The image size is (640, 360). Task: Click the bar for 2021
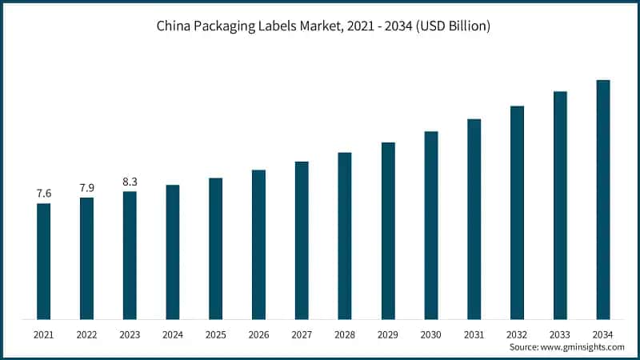(43, 262)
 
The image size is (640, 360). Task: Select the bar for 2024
(173, 252)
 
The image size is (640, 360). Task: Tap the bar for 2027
(302, 241)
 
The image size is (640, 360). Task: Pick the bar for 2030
(431, 226)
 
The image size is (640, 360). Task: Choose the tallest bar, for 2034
(603, 200)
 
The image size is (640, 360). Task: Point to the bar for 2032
(517, 213)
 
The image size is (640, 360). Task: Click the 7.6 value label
(43, 194)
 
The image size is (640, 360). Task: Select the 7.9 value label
(86, 187)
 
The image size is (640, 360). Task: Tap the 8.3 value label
(130, 182)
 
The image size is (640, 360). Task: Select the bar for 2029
(388, 231)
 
